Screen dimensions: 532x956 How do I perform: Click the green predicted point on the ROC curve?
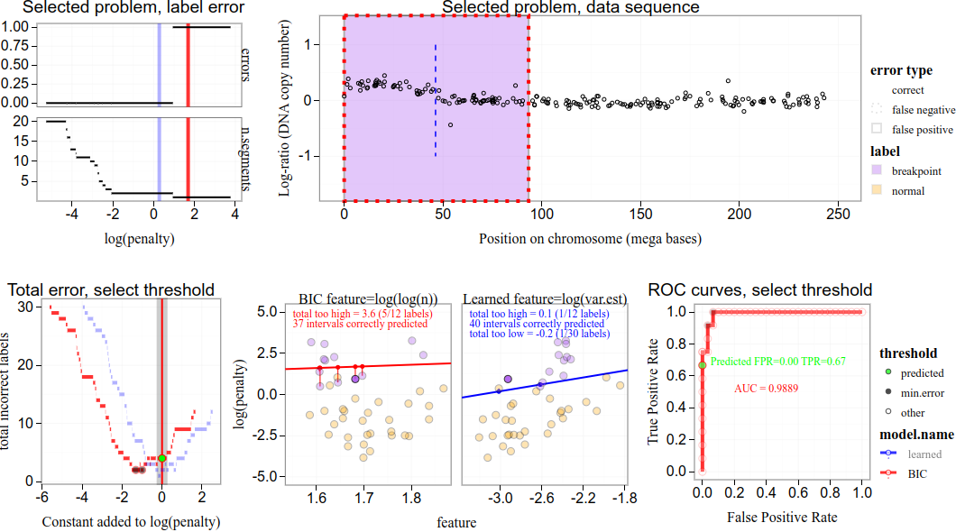click(x=703, y=364)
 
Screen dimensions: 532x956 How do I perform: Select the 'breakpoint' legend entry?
click(x=916, y=170)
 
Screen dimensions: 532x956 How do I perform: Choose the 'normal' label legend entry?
click(x=907, y=191)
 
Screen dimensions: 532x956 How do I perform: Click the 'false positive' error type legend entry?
click(x=922, y=130)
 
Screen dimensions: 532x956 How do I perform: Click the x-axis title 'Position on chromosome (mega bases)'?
click(x=590, y=239)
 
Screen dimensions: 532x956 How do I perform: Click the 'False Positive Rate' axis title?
click(x=781, y=518)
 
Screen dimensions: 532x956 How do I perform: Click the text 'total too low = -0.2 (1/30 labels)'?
click(x=538, y=334)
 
